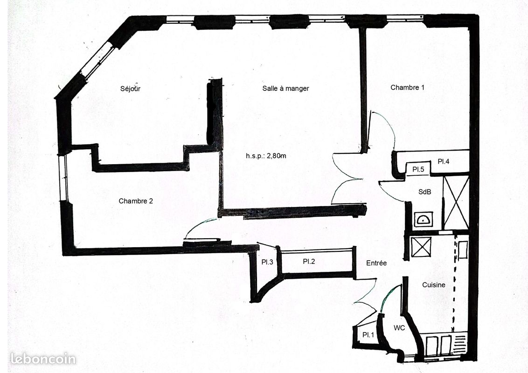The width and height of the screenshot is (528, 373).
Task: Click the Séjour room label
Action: pos(130,89)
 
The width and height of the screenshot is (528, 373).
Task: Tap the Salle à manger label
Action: pos(285,89)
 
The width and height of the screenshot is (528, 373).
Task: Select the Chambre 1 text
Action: pos(407,88)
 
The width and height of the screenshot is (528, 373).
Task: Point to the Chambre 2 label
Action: pos(136,201)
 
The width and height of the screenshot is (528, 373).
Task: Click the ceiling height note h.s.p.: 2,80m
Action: pos(266,156)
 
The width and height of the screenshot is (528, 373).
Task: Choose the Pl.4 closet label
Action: pos(444,162)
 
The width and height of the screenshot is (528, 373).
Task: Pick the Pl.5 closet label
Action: pos(418,170)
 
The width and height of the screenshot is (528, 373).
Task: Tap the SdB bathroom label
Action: pos(424,192)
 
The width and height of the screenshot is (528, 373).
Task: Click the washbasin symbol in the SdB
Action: pos(423,219)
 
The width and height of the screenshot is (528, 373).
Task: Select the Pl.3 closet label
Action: pos(267,262)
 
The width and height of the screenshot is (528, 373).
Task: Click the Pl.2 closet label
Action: pos(309,261)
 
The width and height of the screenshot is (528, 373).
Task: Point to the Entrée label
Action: pos(376,263)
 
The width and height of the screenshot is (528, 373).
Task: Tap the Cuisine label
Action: pos(434,285)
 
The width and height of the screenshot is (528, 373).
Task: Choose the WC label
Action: pos(399,328)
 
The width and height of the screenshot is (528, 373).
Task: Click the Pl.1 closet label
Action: pos(368,335)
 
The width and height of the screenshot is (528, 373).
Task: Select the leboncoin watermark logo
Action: pos(43,359)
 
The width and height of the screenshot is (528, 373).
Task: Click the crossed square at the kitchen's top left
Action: pos(421,247)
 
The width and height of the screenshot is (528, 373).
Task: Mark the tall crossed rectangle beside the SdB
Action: pos(456,202)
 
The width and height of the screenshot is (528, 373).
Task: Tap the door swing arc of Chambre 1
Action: pos(387,126)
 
